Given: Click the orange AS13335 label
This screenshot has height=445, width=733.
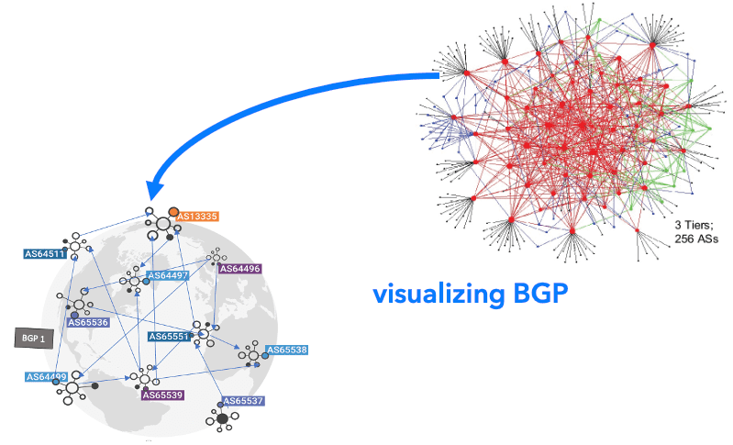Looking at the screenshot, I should [x=197, y=217].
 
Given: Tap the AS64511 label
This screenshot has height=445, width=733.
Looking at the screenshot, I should [x=45, y=253].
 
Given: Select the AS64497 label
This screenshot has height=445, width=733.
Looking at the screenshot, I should [x=168, y=275].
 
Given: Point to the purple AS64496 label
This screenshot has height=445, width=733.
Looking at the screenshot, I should [x=240, y=269].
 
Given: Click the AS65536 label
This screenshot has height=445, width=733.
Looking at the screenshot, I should [x=88, y=323].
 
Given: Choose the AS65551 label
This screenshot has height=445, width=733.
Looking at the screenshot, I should [x=169, y=337].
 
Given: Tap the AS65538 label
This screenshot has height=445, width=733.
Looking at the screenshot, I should [x=287, y=350].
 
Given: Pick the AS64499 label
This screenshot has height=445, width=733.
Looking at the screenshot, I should [x=46, y=376].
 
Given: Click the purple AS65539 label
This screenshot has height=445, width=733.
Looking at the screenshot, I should [x=162, y=395].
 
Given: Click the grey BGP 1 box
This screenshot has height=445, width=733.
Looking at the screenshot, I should [x=34, y=338].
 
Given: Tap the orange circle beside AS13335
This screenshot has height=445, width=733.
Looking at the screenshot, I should [x=173, y=212].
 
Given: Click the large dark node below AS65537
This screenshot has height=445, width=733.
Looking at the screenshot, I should [x=221, y=419].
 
